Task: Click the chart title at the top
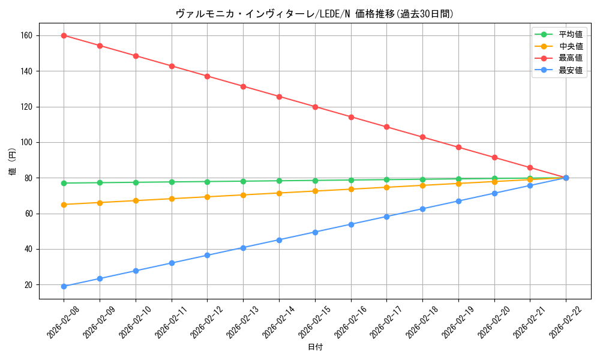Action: pyautogui.click(x=314, y=14)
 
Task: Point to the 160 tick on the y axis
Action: pyautogui.click(x=28, y=36)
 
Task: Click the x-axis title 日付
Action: pyautogui.click(x=314, y=347)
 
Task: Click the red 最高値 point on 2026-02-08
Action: pyautogui.click(x=64, y=35)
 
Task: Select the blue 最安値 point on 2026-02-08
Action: pyautogui.click(x=64, y=286)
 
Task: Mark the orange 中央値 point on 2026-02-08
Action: pyautogui.click(x=64, y=205)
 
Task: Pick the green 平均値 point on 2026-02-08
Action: pyautogui.click(x=64, y=183)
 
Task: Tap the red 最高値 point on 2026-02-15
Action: pyautogui.click(x=315, y=107)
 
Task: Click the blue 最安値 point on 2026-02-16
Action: pyautogui.click(x=351, y=224)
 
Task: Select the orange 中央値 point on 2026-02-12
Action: pyautogui.click(x=207, y=197)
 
